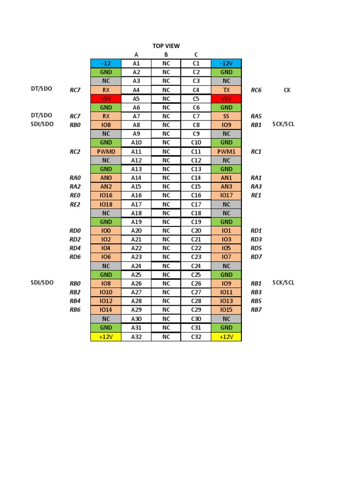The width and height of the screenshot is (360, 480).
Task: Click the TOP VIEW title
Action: coord(166,45)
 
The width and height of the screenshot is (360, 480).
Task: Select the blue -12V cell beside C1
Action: coord(226,63)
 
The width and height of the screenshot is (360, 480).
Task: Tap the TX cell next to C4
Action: coord(226,90)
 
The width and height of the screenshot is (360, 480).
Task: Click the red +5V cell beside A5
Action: coord(105,99)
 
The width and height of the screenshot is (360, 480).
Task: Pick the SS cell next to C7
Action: coord(226,116)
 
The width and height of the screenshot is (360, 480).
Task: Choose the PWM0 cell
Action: coord(105,151)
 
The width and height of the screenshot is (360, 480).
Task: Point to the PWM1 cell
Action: coord(226,151)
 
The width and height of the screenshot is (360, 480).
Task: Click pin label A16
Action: coord(136,195)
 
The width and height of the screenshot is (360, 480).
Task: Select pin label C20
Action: coord(196,231)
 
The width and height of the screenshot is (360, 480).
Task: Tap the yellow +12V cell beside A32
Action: coord(105,337)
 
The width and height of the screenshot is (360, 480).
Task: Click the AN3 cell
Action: coord(226,187)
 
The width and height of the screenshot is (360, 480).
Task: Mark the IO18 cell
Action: coord(105,204)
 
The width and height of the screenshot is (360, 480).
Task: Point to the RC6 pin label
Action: coord(256,90)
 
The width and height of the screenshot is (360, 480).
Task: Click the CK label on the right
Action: coord(287,90)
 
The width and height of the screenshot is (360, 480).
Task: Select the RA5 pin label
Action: coord(256,116)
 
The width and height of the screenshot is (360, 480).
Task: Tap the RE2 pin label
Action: coord(75,204)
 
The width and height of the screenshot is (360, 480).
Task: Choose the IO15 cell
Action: coord(226,310)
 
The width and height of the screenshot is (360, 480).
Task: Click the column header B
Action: coord(166,55)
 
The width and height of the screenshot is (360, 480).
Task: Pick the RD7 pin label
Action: coord(256,257)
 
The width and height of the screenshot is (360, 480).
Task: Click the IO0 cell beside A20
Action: coord(105,231)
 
